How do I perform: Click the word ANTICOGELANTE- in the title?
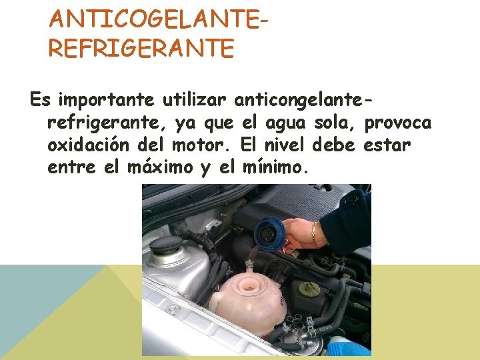tap(158, 19)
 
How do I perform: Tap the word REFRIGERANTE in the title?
tap(141, 48)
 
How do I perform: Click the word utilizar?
tap(195, 99)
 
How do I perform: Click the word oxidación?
tap(88, 145)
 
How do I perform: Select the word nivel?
tap(285, 145)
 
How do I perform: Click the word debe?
tap(333, 145)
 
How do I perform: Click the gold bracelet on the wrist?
tap(314, 235)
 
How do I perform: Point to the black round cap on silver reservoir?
tap(166, 245)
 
